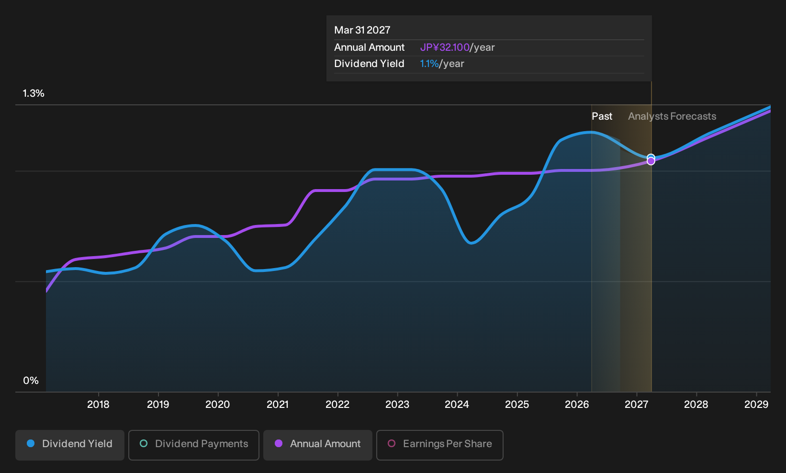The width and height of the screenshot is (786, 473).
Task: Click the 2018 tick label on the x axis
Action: (x=98, y=404)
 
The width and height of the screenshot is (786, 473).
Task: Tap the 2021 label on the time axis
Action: (x=278, y=404)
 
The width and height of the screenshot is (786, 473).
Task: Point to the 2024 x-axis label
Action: (x=457, y=404)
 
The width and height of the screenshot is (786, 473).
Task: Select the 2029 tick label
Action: (x=756, y=404)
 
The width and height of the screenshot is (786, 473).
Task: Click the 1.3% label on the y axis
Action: (x=34, y=93)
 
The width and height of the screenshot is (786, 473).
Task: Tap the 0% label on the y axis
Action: (x=31, y=381)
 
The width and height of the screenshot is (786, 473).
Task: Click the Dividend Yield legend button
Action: (x=70, y=445)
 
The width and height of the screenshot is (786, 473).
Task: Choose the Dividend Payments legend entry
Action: (x=194, y=445)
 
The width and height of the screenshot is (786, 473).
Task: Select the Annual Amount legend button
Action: (x=317, y=445)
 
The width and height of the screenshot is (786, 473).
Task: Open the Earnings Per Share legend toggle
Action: (x=439, y=445)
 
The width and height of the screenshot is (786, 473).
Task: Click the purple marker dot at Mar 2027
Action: (x=651, y=161)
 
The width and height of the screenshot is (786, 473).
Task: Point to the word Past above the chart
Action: (x=602, y=116)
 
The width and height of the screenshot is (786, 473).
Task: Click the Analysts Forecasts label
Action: (x=672, y=116)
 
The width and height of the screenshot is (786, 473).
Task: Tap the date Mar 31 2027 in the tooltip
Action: (x=362, y=30)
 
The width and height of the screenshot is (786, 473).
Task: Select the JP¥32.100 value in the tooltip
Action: (x=445, y=47)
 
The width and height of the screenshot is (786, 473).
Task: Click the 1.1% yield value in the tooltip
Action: (x=429, y=64)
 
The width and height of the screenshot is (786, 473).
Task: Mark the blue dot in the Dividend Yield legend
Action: (x=31, y=443)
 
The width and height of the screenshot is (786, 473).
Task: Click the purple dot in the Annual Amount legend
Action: (x=279, y=443)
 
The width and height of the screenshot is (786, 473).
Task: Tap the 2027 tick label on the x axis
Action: (x=637, y=404)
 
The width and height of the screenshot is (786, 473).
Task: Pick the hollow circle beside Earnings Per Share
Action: (x=392, y=443)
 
